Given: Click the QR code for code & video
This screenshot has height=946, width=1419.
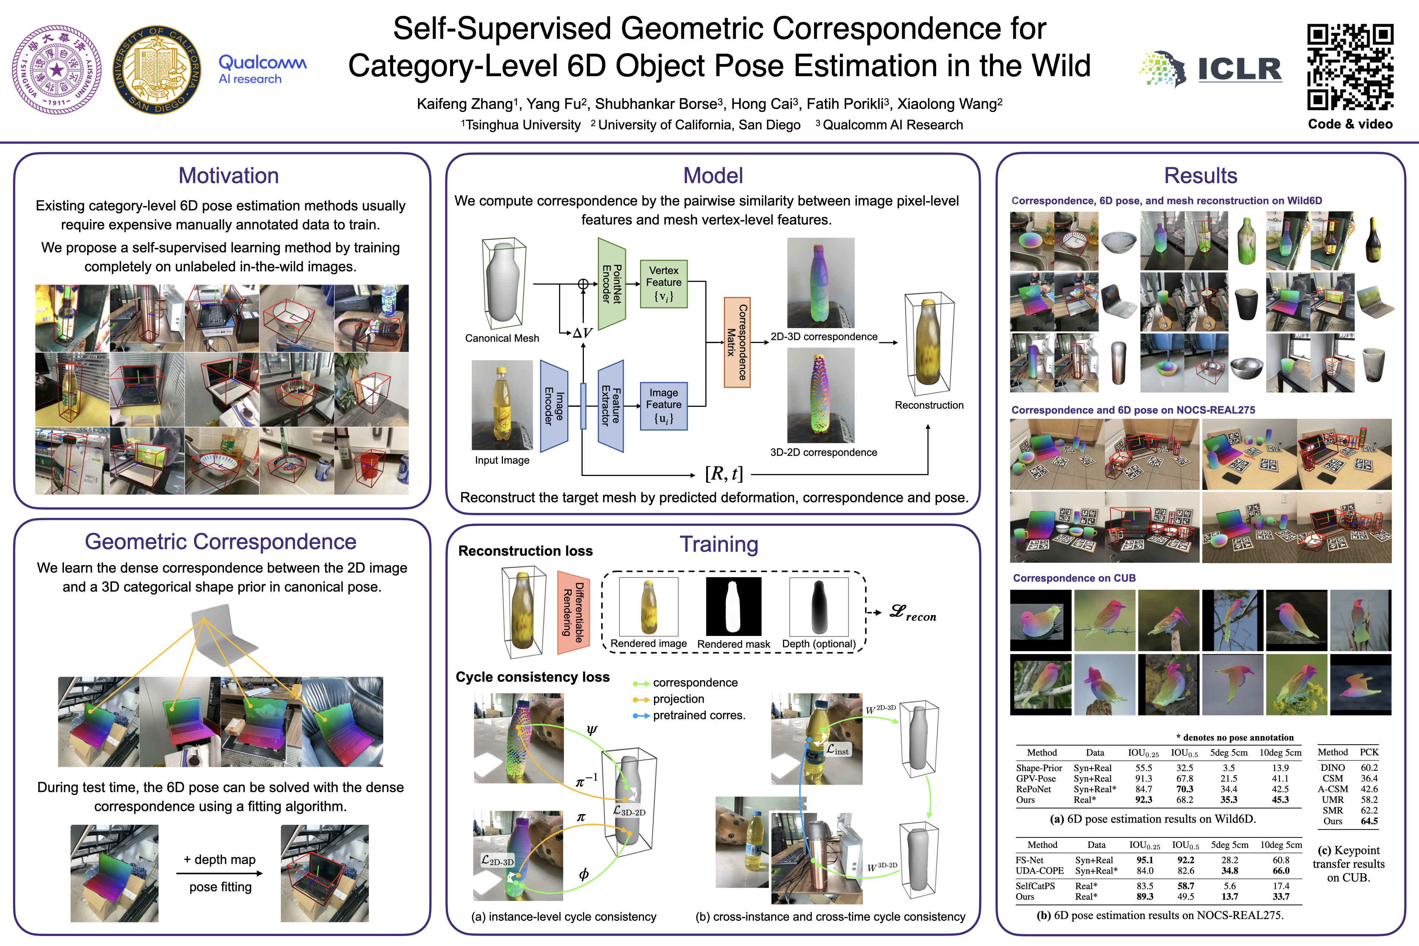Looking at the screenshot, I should [1350, 67].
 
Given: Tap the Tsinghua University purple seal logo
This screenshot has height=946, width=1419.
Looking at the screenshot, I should [57, 69].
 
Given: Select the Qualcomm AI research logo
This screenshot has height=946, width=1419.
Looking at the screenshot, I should [262, 69].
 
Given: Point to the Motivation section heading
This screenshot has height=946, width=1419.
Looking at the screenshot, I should [229, 176].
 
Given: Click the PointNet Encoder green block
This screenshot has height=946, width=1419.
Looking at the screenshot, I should [611, 283].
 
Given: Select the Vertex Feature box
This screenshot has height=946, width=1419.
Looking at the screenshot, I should [664, 283].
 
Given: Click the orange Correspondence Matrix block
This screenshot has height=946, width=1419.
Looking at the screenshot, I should [736, 342].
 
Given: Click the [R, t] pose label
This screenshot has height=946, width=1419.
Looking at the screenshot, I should [724, 474].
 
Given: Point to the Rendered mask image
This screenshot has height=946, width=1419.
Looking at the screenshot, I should [733, 606].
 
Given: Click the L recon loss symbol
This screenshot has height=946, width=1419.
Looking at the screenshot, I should [913, 613].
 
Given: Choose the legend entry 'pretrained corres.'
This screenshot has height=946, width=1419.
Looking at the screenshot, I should [699, 715].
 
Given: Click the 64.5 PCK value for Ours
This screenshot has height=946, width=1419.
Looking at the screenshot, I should [1369, 821].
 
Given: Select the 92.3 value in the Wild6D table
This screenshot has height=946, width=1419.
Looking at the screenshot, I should [1143, 800].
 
